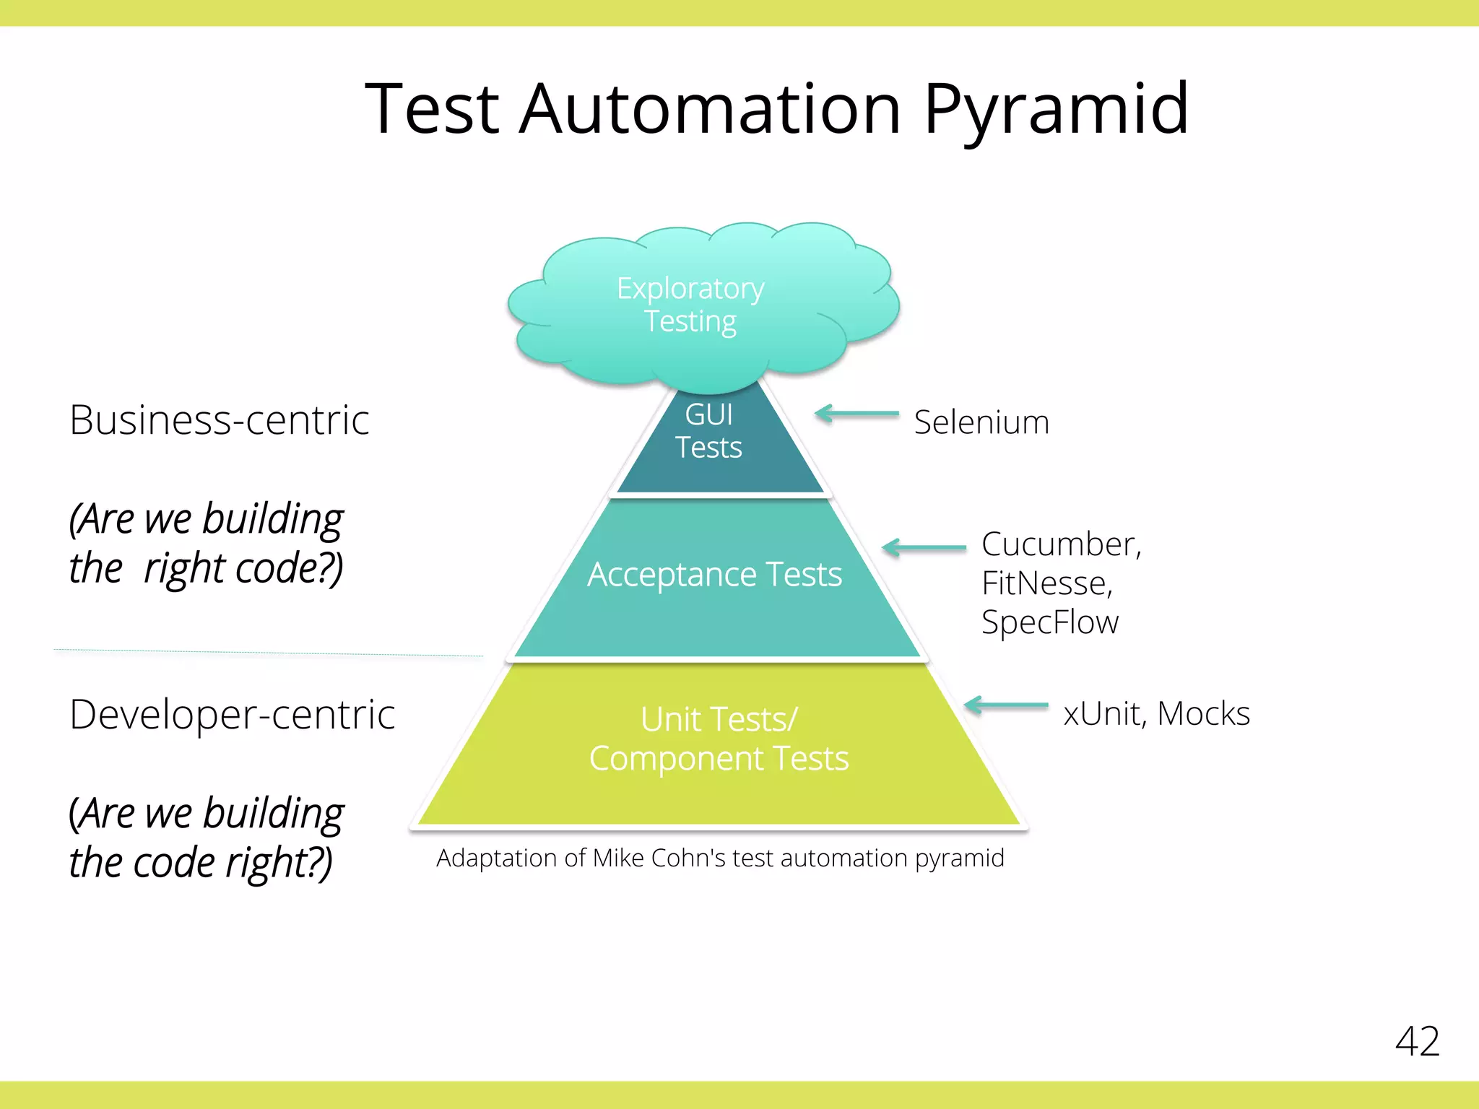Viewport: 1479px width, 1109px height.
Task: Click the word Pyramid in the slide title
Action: [x=1056, y=110]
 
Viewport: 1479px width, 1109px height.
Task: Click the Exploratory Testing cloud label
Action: [x=690, y=304]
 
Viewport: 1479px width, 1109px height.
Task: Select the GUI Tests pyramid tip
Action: [x=709, y=431]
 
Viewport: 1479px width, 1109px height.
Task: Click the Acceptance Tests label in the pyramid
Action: [x=714, y=575]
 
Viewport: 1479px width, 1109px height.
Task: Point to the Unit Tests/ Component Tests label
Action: [x=719, y=739]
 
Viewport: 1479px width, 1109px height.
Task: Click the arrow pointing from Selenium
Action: [x=857, y=414]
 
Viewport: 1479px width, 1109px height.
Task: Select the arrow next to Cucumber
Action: [x=924, y=547]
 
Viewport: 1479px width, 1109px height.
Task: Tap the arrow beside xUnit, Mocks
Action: [x=1006, y=705]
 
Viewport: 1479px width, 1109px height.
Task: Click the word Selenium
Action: [x=981, y=422]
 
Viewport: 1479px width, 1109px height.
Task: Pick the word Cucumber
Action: [x=1059, y=544]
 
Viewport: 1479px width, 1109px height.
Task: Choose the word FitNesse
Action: [x=1045, y=583]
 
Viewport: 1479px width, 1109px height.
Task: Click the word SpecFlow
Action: [x=1049, y=622]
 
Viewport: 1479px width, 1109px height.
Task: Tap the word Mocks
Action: [x=1203, y=713]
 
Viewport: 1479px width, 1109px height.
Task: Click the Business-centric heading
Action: [x=220, y=420]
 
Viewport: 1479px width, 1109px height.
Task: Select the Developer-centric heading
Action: [x=232, y=715]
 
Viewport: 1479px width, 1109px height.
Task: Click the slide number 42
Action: [x=1417, y=1041]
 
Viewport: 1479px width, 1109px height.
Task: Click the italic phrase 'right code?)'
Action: [x=243, y=568]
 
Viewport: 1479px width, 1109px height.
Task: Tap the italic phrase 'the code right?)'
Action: [x=201, y=862]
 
